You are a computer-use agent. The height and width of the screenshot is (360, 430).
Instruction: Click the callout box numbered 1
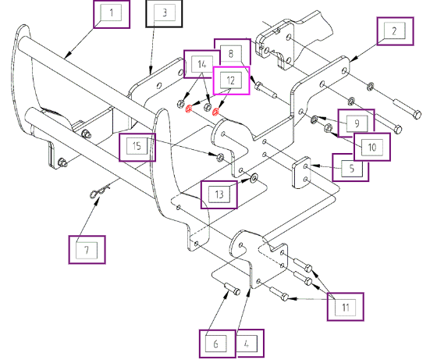click(x=112, y=14)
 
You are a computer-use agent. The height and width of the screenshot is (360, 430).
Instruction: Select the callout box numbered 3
click(x=164, y=13)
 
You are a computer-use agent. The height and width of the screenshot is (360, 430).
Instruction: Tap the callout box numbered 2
click(x=395, y=31)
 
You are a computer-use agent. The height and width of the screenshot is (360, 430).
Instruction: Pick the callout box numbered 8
click(x=233, y=52)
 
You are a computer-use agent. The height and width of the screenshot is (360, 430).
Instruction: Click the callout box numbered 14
click(x=202, y=64)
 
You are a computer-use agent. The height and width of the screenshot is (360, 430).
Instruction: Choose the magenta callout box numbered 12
click(x=231, y=80)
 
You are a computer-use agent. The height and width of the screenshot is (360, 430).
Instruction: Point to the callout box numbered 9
click(x=356, y=123)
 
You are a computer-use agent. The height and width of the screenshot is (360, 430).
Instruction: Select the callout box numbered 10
click(x=372, y=147)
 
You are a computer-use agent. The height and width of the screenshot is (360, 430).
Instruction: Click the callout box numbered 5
click(x=350, y=167)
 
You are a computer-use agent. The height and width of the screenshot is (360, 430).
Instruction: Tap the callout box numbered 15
click(x=137, y=148)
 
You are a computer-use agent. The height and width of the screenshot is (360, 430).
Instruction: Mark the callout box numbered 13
click(x=219, y=194)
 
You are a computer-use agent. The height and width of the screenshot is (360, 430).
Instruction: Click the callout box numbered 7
click(x=87, y=250)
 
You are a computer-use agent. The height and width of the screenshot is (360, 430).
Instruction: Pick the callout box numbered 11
click(x=346, y=307)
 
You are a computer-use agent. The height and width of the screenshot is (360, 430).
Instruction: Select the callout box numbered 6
click(x=217, y=344)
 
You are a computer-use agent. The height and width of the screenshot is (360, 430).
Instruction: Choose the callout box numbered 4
click(x=250, y=344)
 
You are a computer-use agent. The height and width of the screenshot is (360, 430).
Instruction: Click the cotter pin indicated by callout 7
click(x=99, y=191)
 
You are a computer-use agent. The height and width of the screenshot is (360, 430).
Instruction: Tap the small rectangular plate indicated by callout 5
click(x=301, y=173)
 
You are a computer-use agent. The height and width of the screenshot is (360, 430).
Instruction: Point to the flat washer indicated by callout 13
click(x=254, y=179)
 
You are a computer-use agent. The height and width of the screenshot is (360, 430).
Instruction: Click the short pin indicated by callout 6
click(x=233, y=289)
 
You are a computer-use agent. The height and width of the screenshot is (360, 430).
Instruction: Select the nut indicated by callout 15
click(x=220, y=158)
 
